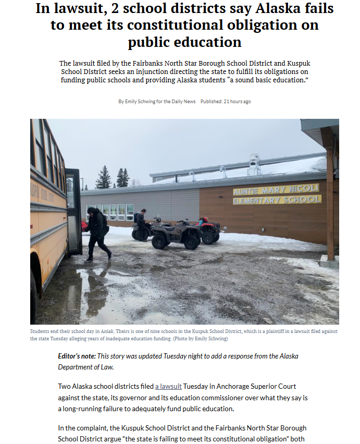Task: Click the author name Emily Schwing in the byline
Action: pyautogui.click(x=142, y=101)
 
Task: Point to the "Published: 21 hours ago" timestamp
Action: pyautogui.click(x=226, y=101)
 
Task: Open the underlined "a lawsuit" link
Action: pyautogui.click(x=168, y=386)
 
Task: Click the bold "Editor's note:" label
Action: pyautogui.click(x=77, y=356)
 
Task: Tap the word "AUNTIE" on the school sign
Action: pyautogui.click(x=250, y=191)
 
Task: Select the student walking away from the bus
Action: pyautogui.click(x=97, y=232)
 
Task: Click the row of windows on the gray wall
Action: pyautogui.click(x=110, y=212)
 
